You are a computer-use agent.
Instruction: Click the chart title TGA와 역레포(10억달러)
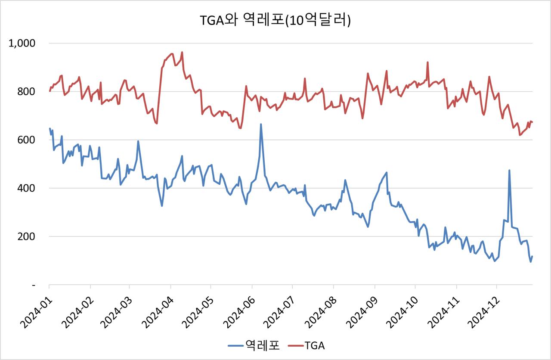click(275, 20)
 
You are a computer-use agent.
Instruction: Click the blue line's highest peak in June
click(261, 124)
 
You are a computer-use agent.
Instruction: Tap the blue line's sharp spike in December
click(509, 171)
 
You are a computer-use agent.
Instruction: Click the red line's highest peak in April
click(182, 53)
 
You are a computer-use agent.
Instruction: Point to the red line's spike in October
click(427, 62)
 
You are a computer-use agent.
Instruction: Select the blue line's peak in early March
click(138, 141)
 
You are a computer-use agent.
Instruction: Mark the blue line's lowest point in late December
click(531, 261)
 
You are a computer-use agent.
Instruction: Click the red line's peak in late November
click(489, 77)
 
